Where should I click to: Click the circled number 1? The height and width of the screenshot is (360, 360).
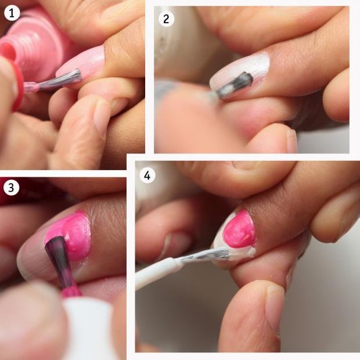(12, 13)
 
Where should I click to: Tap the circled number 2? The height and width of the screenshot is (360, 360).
(166, 19)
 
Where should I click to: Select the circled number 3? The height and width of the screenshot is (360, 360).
(11, 188)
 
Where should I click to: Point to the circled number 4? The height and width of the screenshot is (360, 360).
(147, 175)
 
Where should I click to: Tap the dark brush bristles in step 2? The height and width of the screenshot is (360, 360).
(235, 85)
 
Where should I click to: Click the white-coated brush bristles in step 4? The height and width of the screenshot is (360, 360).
(206, 255)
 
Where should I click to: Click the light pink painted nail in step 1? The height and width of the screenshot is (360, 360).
(80, 64)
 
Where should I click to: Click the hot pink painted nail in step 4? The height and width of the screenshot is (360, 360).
(239, 229)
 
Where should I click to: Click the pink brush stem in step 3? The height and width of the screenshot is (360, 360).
(70, 291)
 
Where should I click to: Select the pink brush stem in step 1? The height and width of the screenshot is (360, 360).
(32, 87)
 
